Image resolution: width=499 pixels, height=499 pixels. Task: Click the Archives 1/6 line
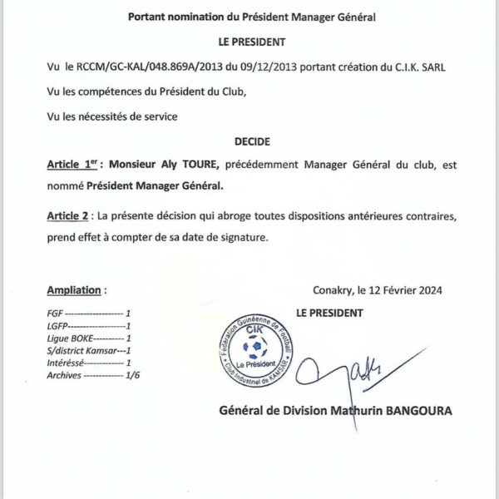[92, 375]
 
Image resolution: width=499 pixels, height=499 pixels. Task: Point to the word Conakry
[334, 290]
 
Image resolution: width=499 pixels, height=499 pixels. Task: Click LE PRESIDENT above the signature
[329, 313]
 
